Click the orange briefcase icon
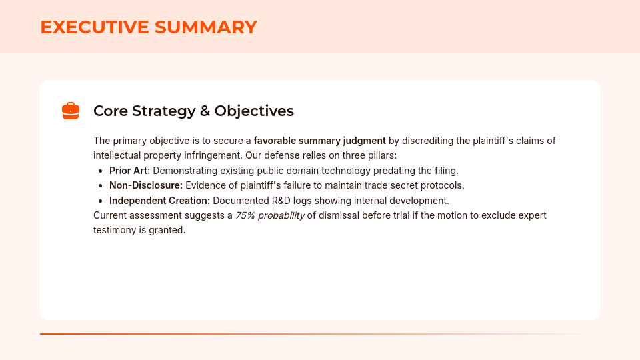click(71, 111)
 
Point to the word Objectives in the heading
click(254, 111)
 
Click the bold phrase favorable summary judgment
click(319, 141)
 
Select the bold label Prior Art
click(129, 171)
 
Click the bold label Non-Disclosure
click(145, 185)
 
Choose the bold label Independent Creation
click(159, 201)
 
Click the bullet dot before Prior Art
click(101, 171)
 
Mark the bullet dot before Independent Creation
click(101, 201)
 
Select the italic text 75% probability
click(270, 215)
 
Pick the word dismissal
click(341, 215)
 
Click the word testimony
click(115, 230)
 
